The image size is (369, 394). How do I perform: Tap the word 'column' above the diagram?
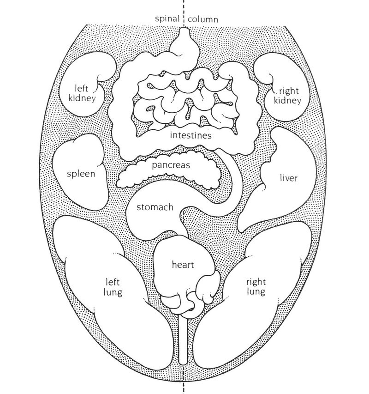(203, 20)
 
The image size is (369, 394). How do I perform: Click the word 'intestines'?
(190, 136)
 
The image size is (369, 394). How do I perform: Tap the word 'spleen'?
(81, 174)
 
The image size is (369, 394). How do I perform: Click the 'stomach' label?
(155, 207)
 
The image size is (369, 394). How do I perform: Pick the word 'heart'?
(183, 265)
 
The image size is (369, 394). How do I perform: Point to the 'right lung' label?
(255, 286)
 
